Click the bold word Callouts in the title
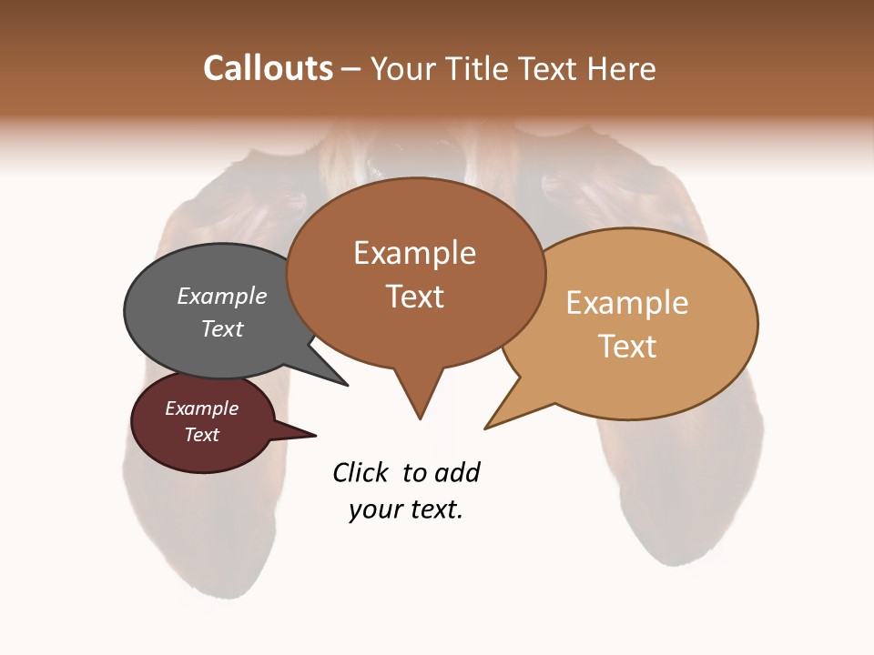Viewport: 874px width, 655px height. pyautogui.click(x=268, y=68)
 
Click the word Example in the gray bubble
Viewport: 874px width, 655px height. pyautogui.click(x=222, y=296)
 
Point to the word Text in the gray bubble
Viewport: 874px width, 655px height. pyautogui.click(x=222, y=328)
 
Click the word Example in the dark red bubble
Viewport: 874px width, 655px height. pyautogui.click(x=201, y=408)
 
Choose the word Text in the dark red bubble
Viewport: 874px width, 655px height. pyautogui.click(x=201, y=435)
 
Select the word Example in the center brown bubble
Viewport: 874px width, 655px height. pyautogui.click(x=414, y=253)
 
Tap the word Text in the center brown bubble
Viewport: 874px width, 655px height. pyautogui.click(x=415, y=297)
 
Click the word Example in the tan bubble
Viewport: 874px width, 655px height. pyautogui.click(x=627, y=303)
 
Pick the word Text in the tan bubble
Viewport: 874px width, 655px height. pyautogui.click(x=628, y=347)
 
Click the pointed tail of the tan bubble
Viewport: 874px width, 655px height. pyautogui.click(x=488, y=426)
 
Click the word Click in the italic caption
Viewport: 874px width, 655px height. pyautogui.click(x=361, y=472)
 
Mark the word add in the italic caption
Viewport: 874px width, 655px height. pyautogui.click(x=457, y=472)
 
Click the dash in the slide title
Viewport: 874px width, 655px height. pyautogui.click(x=351, y=69)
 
